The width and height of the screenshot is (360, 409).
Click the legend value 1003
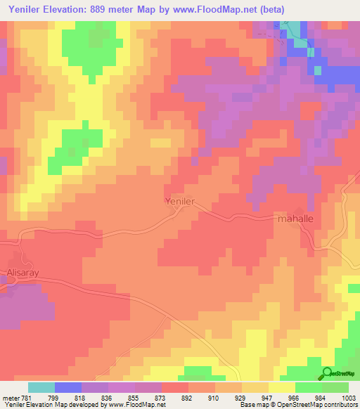tap(348, 397)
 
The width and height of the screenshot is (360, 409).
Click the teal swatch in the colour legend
tap(41, 387)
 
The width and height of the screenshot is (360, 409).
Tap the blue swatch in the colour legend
tap(68, 387)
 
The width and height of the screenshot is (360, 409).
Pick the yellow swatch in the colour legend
tap(281, 387)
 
